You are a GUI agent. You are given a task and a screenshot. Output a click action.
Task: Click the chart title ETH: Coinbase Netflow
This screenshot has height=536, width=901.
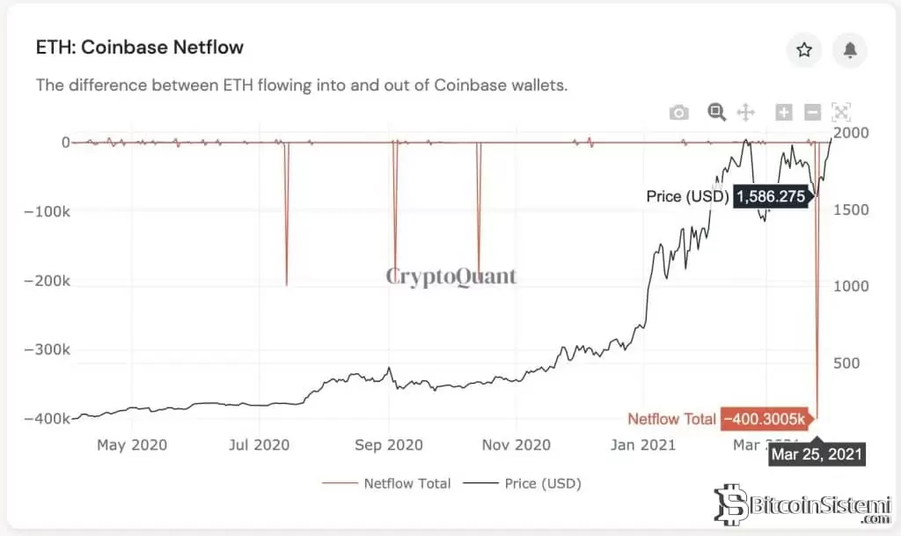(x=140, y=48)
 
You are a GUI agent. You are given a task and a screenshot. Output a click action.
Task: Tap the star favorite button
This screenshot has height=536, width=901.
(x=804, y=50)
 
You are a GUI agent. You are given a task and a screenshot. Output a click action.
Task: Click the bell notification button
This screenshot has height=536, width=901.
(x=850, y=50)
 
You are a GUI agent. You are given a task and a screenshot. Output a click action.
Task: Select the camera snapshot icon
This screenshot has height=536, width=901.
(x=678, y=113)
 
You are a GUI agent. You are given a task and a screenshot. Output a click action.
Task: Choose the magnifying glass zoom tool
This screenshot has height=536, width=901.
(x=717, y=112)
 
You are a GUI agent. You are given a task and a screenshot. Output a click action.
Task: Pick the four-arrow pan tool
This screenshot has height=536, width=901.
(x=745, y=113)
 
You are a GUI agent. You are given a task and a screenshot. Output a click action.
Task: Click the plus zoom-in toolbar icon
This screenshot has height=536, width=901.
(x=784, y=113)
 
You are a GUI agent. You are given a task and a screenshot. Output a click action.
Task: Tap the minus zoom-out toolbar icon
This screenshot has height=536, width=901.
(x=813, y=113)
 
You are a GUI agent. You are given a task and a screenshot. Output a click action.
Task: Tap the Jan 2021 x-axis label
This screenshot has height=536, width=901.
(x=644, y=445)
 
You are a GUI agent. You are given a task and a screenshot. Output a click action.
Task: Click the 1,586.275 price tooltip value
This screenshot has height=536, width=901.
(x=771, y=196)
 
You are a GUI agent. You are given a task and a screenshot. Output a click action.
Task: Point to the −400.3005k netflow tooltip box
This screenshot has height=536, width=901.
(x=763, y=420)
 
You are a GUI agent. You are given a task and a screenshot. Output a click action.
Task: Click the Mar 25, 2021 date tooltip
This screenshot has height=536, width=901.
(x=817, y=455)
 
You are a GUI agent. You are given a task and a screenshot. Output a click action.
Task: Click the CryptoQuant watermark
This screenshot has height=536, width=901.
(x=451, y=276)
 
